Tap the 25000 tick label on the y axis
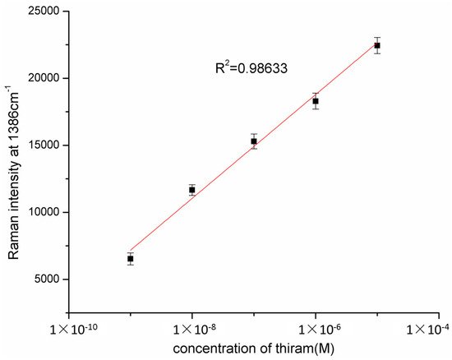coord(44,12)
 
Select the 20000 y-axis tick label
coord(44,78)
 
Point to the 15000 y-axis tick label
coord(44,145)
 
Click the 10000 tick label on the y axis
coord(44,212)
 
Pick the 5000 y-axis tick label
coord(47,279)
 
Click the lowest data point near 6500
coord(131,259)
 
